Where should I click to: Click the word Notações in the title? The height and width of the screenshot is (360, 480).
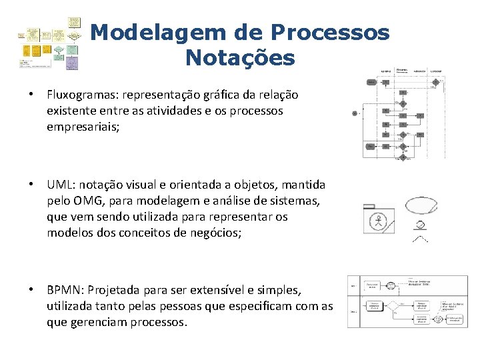coord(240,58)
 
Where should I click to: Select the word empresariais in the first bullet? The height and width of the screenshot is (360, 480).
coord(81,127)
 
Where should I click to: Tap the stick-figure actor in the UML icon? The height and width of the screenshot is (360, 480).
coord(379,220)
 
